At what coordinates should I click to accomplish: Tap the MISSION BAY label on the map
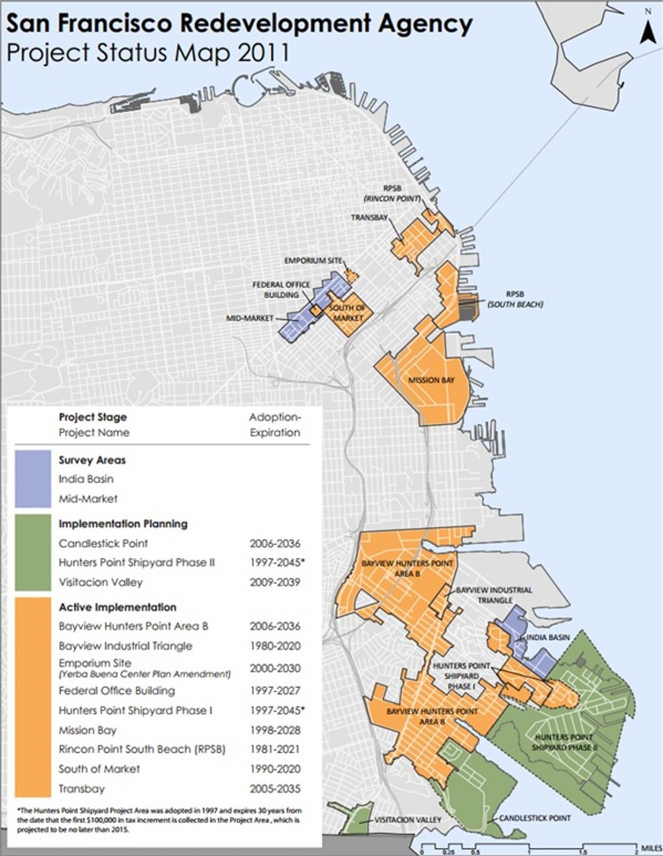click(431, 380)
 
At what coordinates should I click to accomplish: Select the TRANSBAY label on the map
click(369, 218)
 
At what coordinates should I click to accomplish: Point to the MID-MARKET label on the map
click(250, 318)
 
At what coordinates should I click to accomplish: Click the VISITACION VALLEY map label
click(408, 820)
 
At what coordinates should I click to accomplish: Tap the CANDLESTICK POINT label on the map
click(535, 818)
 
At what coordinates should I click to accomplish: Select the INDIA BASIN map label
click(548, 637)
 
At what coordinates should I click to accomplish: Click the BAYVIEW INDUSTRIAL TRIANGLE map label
click(494, 595)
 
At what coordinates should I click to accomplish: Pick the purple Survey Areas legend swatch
click(33, 479)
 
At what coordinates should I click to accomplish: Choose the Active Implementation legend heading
click(117, 607)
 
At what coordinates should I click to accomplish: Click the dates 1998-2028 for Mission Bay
click(275, 730)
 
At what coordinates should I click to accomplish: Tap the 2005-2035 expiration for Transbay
click(275, 789)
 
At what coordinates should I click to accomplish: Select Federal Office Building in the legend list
click(117, 691)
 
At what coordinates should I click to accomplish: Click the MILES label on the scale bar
click(651, 849)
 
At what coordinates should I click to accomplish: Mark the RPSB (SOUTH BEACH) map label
click(515, 299)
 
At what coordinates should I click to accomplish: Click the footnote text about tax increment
click(160, 819)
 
